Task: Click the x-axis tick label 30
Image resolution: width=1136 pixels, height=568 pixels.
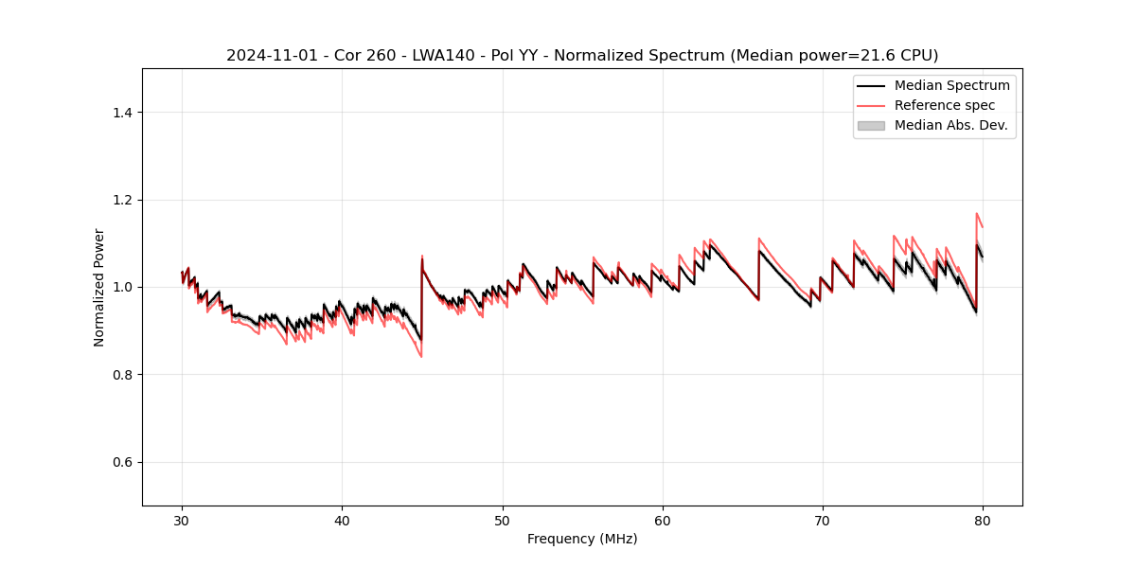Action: [182, 521]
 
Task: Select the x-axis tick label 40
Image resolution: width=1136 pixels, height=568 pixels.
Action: [342, 521]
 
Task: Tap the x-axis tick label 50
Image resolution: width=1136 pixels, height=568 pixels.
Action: [503, 521]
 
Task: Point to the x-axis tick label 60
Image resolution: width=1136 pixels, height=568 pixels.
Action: [663, 521]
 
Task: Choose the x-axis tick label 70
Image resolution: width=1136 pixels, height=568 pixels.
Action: [823, 521]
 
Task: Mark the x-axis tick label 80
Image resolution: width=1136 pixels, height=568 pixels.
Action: [983, 521]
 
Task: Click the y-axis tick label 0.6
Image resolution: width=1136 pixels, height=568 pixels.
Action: [122, 462]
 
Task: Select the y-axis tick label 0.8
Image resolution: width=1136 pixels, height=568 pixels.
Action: [122, 375]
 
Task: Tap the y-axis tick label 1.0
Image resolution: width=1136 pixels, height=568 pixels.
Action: [122, 287]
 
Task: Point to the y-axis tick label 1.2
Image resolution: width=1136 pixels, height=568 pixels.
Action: [122, 200]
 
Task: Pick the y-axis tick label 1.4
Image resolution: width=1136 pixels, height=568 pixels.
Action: [122, 113]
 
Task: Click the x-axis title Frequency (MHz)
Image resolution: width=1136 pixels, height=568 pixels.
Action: [582, 539]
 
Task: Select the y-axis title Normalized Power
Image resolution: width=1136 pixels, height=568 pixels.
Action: [99, 287]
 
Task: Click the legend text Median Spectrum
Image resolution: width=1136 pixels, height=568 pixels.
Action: [951, 85]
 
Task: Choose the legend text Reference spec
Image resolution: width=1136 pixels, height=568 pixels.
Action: [945, 105]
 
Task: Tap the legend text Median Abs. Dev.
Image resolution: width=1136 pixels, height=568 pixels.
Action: [950, 125]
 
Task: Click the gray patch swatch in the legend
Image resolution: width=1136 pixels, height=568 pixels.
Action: [871, 125]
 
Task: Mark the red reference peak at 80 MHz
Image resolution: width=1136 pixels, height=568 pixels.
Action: [976, 214]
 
